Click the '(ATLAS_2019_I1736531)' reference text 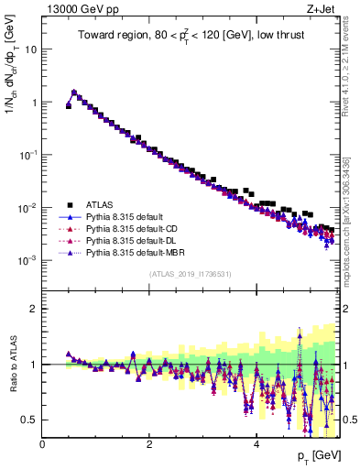(x=190, y=274)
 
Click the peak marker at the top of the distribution (x=74, y=92)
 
